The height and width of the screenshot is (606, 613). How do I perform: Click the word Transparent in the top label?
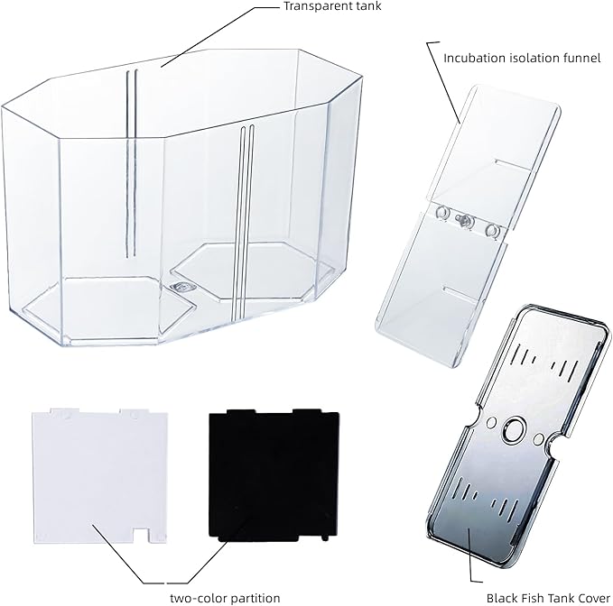point(318,6)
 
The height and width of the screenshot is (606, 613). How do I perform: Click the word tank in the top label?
point(368,6)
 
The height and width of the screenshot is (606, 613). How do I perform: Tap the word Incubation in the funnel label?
point(474,59)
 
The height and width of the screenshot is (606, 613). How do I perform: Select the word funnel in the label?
point(580,59)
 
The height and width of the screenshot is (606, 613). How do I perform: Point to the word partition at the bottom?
point(255,598)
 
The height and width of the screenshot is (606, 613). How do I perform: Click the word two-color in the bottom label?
point(198,598)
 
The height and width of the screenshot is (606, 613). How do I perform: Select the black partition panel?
point(274,475)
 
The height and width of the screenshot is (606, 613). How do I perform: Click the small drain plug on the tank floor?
point(180,287)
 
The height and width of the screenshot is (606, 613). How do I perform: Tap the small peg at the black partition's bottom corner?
point(325,539)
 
